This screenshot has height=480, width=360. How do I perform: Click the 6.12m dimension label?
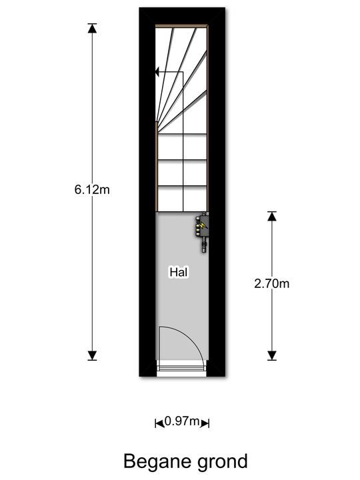coord(92,190)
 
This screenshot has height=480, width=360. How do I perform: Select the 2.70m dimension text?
coord(271,284)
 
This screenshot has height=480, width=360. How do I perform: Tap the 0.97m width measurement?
coord(182,421)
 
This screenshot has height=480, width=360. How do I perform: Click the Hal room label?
coord(179,272)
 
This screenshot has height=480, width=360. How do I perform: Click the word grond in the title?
coord(222,461)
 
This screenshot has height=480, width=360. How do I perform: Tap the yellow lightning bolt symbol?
coord(203,225)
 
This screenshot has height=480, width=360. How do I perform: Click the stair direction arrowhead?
coord(157,72)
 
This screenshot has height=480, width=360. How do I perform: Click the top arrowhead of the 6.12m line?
coord(92,28)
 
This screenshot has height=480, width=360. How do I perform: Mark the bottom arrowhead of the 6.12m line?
coord(92,355)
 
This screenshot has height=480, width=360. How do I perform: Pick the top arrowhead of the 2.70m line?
coord(272,216)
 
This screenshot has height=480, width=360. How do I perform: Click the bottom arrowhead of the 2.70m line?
coord(272,355)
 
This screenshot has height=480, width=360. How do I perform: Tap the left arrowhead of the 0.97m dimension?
coord(159,423)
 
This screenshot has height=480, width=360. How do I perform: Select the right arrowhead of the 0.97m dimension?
coord(205,423)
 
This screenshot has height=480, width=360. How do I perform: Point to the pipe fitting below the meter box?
coord(204,246)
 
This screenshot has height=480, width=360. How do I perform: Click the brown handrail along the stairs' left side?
coord(157,166)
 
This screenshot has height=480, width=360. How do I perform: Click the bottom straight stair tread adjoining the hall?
coord(183,199)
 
